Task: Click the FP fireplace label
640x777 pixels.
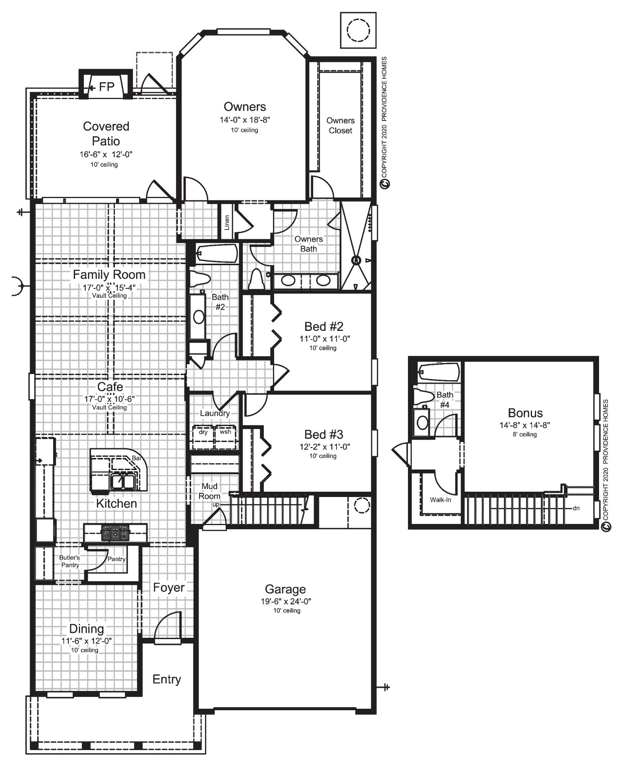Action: pos(106,87)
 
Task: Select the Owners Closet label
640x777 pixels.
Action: pos(340,126)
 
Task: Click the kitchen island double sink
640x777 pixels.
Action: pos(122,481)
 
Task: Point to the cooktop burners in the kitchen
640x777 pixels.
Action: pos(115,533)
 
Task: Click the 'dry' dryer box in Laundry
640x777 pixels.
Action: pos(203,433)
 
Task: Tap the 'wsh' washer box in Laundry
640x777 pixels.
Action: pos(225,432)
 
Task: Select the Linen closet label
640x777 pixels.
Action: pos(227,223)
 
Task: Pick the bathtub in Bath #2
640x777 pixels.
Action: pos(216,253)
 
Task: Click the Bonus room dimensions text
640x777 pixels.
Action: pos(525,425)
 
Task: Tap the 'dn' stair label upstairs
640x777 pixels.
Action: pos(576,508)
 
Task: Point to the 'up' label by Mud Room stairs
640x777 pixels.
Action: pos(215,505)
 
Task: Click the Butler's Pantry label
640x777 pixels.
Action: pos(70,561)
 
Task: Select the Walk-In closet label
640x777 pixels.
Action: pos(440,500)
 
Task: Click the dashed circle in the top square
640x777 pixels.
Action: pos(358,30)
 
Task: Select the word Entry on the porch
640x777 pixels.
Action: pos(166,679)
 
